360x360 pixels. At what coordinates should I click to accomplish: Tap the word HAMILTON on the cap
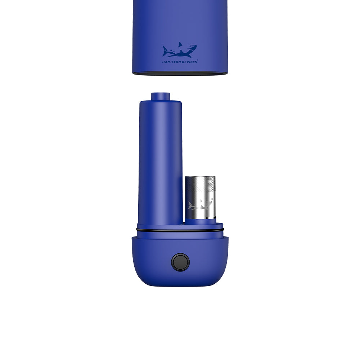coord(171,62)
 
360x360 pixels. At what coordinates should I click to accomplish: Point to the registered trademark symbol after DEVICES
coord(197,61)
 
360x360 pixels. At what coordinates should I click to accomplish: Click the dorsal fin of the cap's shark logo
coord(180,45)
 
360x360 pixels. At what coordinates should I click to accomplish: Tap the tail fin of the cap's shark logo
coord(165,51)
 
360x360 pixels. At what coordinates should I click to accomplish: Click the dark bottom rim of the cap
coord(180,73)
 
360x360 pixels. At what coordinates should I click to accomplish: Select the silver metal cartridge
coord(200,198)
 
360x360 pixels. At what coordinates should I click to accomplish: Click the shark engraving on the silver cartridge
coord(200,205)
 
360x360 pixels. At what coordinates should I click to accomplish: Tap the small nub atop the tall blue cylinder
coord(161,96)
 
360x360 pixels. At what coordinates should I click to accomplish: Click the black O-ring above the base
coord(180,230)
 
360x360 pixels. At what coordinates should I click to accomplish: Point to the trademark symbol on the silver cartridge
coord(212,199)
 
